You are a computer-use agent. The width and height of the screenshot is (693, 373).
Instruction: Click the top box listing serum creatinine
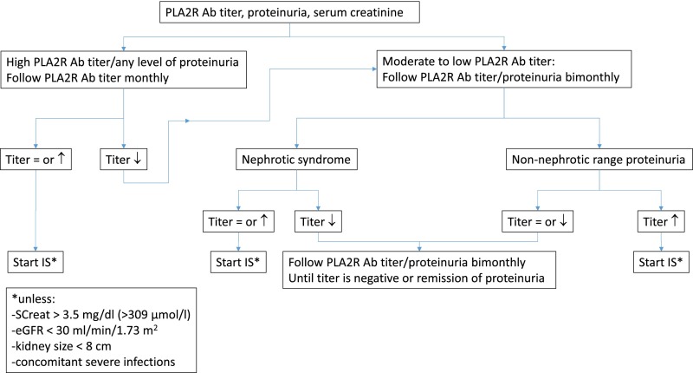289,12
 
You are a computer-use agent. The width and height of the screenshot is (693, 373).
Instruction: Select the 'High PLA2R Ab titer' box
123,70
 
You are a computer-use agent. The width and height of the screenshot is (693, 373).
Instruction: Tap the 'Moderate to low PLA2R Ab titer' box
504,69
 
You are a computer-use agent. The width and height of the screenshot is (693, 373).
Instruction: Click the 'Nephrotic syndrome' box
296,160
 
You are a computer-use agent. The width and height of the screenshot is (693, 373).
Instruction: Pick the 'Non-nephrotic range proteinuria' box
599,160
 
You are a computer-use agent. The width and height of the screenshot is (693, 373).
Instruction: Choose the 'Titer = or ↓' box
537,221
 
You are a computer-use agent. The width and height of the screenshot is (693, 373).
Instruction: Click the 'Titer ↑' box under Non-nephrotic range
661,221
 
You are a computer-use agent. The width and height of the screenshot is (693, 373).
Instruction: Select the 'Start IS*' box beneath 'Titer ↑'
661,262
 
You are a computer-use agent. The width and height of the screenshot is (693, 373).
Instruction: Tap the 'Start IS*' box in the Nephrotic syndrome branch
238,262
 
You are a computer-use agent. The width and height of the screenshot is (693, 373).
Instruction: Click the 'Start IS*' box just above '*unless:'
36,262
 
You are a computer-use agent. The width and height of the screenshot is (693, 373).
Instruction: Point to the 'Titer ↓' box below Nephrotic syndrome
318,221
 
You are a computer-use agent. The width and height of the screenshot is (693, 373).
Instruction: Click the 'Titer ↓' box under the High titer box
123,160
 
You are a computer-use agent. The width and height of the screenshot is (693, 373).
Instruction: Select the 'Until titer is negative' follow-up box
419,270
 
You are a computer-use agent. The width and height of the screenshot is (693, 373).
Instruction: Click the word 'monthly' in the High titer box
146,78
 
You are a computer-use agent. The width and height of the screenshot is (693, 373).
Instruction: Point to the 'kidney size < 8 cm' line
62,346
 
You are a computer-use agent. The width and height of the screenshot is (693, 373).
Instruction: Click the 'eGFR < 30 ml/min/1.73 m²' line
85,330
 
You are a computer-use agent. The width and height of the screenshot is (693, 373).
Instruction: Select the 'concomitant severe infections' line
94,362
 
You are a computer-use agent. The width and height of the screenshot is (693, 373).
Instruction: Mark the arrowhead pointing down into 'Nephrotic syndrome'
296,146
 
